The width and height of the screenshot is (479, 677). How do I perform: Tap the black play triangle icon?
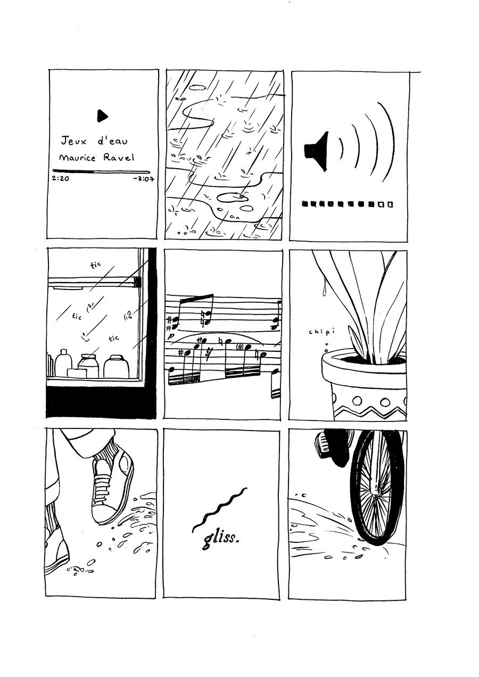[x=102, y=115]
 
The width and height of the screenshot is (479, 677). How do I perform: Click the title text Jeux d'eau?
[x=94, y=141]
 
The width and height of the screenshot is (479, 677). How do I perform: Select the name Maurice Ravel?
[x=96, y=158]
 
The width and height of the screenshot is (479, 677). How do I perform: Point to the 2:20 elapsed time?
[x=61, y=178]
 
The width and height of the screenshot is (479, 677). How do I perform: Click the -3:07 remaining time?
[x=144, y=179]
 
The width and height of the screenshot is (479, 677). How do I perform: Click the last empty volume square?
[x=390, y=204]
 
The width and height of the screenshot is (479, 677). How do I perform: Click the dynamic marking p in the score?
[x=172, y=336]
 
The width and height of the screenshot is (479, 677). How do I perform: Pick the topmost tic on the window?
[x=95, y=266]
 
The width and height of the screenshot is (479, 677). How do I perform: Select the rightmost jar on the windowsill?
[x=117, y=366]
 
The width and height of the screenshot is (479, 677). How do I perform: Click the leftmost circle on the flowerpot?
[x=358, y=401]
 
